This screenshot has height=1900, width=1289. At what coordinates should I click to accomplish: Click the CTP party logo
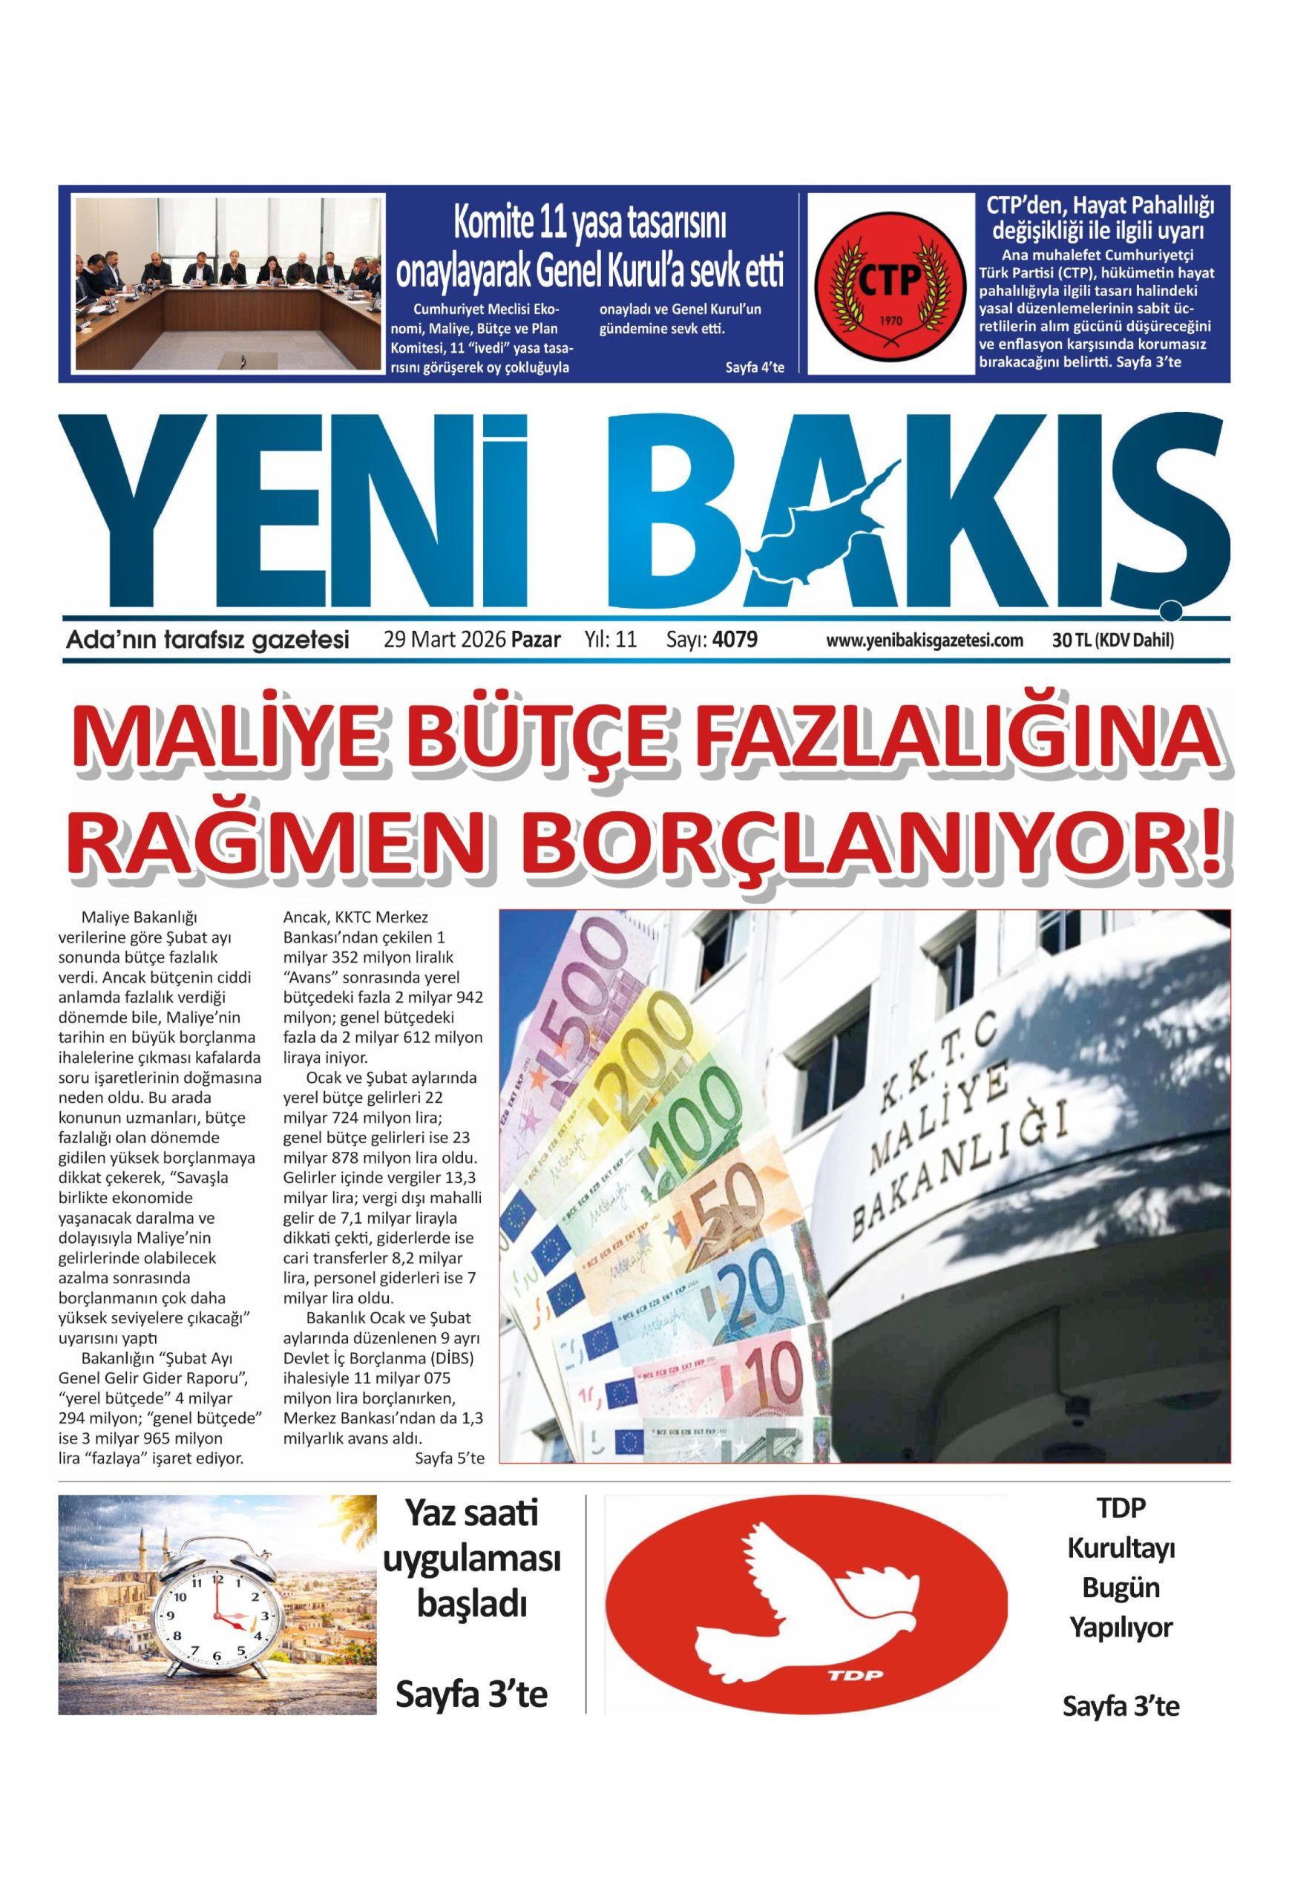pyautogui.click(x=889, y=283)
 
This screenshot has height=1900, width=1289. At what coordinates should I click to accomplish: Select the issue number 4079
pyautogui.click(x=735, y=639)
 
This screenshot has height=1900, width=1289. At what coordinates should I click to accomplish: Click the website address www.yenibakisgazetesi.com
pyautogui.click(x=925, y=641)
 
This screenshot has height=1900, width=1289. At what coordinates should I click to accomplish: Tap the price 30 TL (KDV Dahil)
pyautogui.click(x=1113, y=641)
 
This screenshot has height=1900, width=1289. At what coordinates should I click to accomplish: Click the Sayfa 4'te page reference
pyautogui.click(x=755, y=367)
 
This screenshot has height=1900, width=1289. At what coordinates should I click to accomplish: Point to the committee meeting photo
pyautogui.click(x=228, y=283)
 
